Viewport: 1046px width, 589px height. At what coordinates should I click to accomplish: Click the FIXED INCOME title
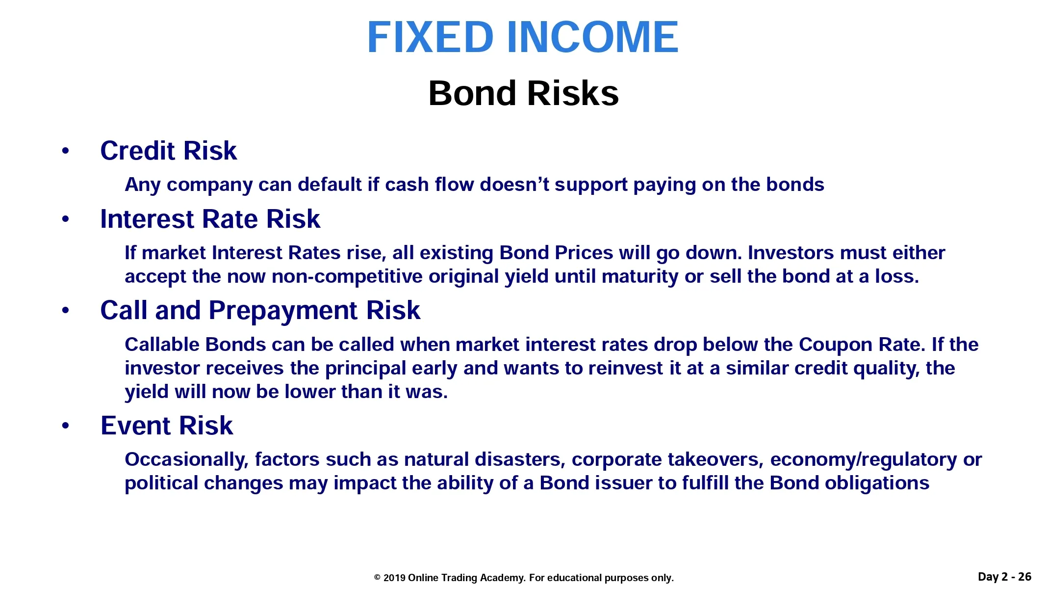click(523, 37)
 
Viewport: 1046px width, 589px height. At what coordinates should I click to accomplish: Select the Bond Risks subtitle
click(523, 93)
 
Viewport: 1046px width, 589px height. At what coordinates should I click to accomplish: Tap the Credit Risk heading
click(168, 151)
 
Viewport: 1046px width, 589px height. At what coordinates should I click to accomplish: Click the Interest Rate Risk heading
click(210, 219)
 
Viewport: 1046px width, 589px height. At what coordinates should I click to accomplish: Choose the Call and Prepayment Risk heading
click(260, 311)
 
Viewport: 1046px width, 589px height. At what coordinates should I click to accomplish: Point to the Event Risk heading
click(167, 426)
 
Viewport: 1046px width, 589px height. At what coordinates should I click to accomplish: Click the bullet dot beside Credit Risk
click(66, 151)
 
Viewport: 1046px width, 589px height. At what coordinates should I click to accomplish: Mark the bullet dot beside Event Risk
click(66, 426)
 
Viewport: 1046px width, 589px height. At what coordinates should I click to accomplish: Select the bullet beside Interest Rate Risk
click(66, 219)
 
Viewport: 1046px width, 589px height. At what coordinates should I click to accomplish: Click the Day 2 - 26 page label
click(1004, 577)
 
